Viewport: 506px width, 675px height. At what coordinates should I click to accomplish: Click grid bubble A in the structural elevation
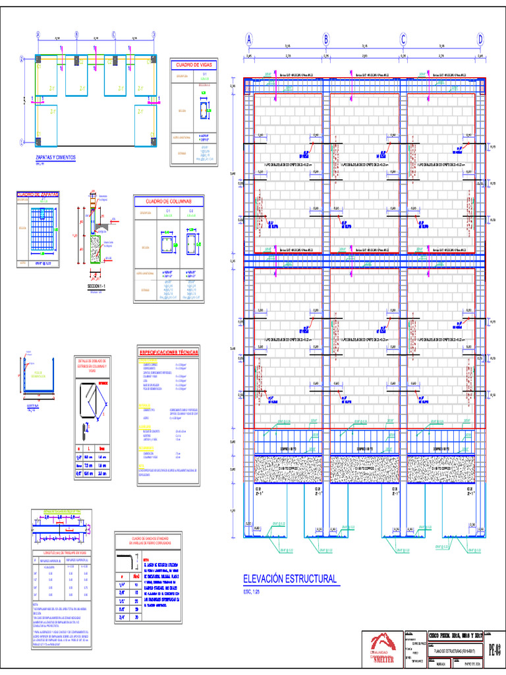(249, 40)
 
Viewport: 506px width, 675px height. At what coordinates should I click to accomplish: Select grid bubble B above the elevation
(325, 40)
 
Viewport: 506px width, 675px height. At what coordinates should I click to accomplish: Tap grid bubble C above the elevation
(403, 40)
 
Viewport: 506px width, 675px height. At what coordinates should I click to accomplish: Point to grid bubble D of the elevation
(480, 40)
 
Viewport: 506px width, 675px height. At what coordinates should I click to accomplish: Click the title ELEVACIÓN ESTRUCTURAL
(290, 579)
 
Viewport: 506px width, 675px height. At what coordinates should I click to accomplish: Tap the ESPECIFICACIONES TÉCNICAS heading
(171, 353)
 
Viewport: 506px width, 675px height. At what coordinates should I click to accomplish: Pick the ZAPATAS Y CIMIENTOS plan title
(56, 158)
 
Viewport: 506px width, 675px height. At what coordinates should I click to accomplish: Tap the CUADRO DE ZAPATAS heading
(38, 194)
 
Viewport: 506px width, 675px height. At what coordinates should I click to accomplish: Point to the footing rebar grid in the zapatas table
(43, 229)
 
